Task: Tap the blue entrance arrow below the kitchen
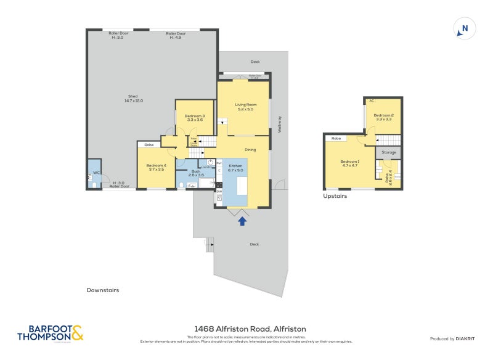coord(242,219)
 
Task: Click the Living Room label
coord(245,107)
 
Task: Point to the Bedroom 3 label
coord(195,118)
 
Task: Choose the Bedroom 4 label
coord(156,167)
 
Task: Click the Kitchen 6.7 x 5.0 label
coord(236,169)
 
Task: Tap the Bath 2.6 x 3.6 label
coord(196,173)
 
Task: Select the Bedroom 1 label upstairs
coord(350,163)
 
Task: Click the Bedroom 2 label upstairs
coord(383,117)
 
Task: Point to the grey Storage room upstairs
coord(389,152)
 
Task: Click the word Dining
coord(250,149)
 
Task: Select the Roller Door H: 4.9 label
coord(176,35)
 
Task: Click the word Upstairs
coord(335,196)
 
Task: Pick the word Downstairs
coord(103,290)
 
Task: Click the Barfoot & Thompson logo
coord(50,333)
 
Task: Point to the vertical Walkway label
coord(279,125)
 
